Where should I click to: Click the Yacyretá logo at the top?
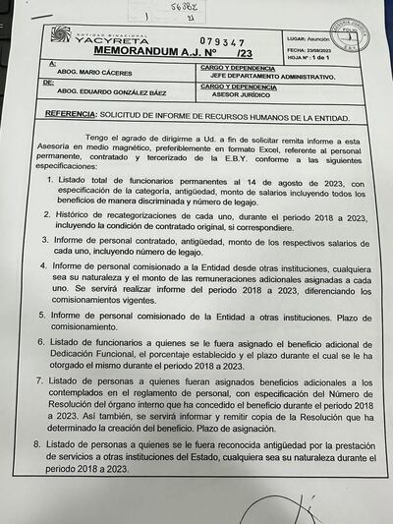pyautogui.click(x=108, y=36)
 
